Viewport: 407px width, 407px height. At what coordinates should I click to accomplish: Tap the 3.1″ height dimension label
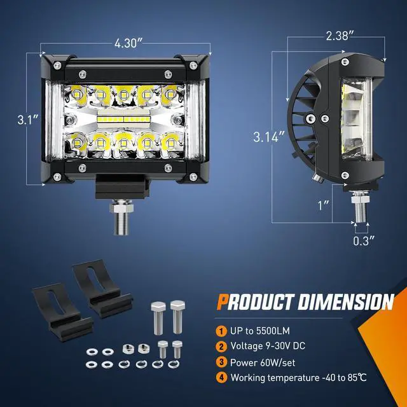(28, 120)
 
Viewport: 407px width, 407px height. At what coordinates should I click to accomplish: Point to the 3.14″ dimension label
(269, 137)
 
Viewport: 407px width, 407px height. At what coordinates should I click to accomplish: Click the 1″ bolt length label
(324, 205)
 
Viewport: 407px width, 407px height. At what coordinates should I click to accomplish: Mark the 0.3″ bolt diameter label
(364, 241)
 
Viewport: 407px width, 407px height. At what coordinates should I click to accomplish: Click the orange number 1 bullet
(221, 331)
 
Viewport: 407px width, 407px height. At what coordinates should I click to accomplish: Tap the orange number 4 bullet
(221, 377)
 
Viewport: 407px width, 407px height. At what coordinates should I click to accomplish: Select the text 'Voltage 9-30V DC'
(268, 346)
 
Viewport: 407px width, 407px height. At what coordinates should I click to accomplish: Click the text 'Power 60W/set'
(263, 362)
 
